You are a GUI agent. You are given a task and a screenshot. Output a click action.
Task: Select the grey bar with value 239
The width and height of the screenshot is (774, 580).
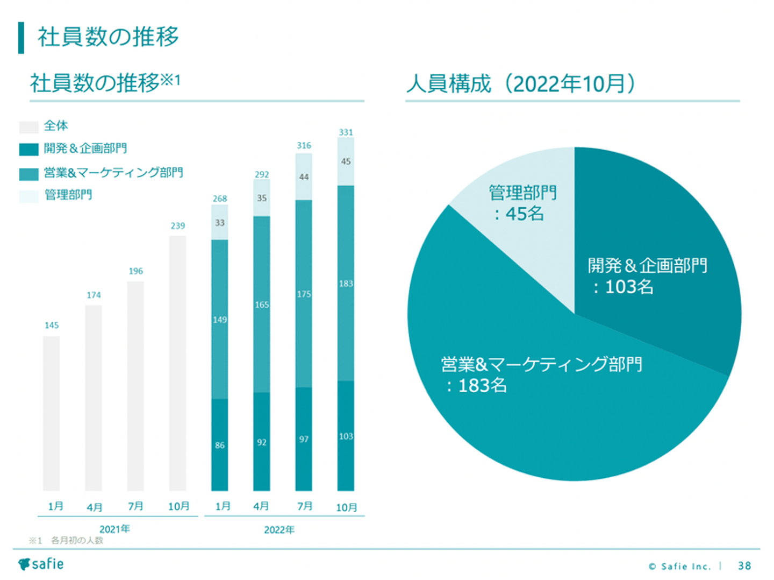coord(177,363)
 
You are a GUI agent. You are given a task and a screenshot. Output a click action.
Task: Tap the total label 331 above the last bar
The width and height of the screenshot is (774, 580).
coord(346,132)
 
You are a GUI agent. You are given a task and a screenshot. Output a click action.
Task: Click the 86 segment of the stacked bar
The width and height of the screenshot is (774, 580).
coord(219,444)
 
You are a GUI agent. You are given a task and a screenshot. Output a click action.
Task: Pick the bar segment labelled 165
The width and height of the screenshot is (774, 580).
coord(262,305)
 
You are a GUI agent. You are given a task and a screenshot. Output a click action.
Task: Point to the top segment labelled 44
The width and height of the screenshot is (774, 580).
coord(304,177)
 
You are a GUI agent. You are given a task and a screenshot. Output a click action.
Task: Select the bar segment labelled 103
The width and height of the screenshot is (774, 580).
coord(346,436)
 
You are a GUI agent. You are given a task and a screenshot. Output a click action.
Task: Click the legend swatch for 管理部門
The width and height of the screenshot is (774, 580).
coord(28,196)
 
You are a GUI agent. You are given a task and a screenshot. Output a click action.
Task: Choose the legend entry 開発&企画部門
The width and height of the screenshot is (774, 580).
coord(85,148)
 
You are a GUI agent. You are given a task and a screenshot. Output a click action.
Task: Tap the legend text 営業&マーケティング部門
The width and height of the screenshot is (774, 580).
coord(113,173)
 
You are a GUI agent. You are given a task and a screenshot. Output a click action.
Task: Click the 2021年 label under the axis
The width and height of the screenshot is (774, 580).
coord(114,529)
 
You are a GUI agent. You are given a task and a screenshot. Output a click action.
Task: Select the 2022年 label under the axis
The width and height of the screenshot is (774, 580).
coord(279,530)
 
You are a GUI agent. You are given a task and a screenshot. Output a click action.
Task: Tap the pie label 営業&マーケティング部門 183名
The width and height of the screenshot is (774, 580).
coord(541,374)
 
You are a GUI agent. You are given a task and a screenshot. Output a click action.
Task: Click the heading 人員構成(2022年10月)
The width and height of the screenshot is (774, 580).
coord(520,84)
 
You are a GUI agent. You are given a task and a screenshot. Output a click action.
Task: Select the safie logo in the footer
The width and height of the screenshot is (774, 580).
coord(41,564)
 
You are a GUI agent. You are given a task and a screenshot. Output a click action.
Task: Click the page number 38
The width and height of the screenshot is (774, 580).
coord(744,565)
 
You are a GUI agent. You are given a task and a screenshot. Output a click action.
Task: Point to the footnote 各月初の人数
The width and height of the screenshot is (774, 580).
coord(77,540)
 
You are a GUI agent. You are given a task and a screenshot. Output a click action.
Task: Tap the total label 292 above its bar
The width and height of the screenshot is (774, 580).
coord(262,175)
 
